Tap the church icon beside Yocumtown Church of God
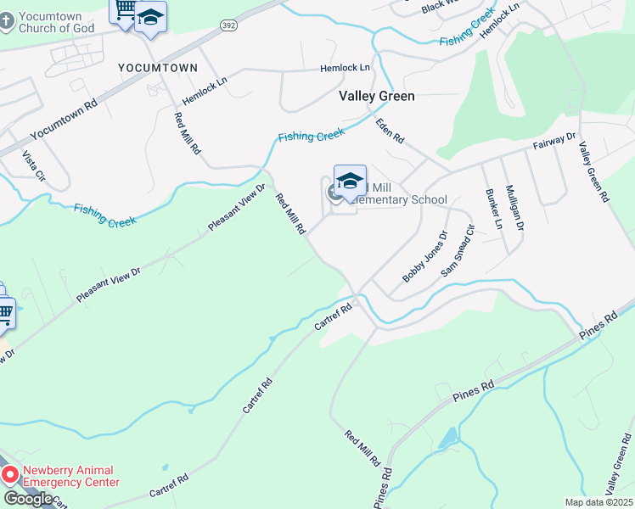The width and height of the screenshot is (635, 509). click(8, 21)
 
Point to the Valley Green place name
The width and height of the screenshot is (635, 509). click(377, 96)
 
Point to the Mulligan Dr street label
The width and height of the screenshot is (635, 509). click(514, 207)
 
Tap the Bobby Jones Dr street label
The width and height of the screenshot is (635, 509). click(424, 257)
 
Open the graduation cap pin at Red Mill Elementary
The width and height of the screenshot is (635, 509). click(350, 181)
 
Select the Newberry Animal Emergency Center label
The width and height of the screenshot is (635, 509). click(71, 476)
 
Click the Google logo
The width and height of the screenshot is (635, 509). click(29, 499)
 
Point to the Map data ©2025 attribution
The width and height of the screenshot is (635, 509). click(598, 502)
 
